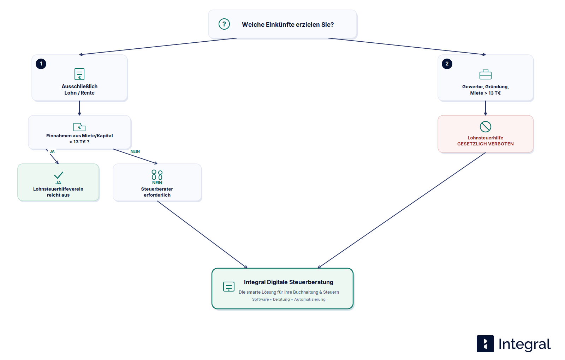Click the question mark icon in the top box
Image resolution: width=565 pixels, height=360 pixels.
(224, 24)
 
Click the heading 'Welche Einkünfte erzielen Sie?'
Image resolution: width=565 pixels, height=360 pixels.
(288, 25)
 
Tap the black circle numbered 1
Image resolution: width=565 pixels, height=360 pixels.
(41, 64)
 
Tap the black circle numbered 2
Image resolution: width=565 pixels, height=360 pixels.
(447, 64)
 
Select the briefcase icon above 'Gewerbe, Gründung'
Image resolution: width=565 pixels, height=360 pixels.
(485, 74)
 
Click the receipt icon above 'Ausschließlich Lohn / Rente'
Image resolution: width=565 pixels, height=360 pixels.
(79, 74)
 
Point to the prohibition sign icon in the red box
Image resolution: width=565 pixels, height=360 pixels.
(485, 127)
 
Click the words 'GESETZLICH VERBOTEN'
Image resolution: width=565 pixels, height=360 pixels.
(485, 144)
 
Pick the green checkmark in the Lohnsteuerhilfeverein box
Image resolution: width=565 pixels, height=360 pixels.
(59, 175)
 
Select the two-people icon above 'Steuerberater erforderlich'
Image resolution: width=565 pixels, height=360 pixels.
(157, 175)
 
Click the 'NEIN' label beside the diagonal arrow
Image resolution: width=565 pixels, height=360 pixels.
(135, 151)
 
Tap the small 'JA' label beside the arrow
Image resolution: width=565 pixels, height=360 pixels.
(52, 151)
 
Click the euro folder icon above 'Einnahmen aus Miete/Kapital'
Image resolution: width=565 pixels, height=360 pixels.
(79, 127)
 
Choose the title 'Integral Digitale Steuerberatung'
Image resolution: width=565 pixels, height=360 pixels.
(289, 282)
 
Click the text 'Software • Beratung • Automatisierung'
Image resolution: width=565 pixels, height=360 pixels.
(289, 300)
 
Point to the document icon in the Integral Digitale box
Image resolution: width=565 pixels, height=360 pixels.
(229, 287)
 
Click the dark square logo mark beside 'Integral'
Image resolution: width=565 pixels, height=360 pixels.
(485, 344)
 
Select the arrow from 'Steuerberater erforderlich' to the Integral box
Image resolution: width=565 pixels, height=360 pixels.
(202, 234)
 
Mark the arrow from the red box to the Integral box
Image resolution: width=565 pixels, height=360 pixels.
(402, 210)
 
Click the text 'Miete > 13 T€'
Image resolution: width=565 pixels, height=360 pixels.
(485, 93)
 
